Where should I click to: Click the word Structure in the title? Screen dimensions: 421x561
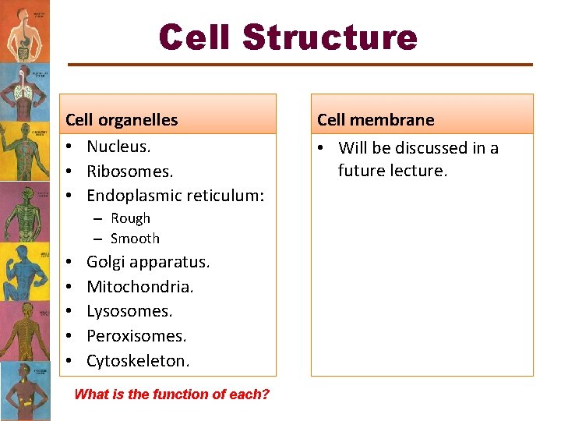click(330, 37)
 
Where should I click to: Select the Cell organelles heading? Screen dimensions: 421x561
click(122, 120)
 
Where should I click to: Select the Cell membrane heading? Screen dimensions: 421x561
click(376, 120)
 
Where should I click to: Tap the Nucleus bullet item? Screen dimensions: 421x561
click(118, 146)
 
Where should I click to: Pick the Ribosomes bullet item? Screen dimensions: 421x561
click(129, 171)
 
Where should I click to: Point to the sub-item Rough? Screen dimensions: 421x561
click(130, 219)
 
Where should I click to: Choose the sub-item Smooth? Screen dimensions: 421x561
click(135, 239)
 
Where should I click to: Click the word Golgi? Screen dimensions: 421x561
click(106, 262)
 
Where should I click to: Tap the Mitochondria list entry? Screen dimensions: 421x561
click(139, 287)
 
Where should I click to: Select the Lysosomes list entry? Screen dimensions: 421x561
click(129, 311)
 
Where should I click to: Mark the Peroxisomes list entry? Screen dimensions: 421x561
click(136, 336)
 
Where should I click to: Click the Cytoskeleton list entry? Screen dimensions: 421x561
click(137, 361)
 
